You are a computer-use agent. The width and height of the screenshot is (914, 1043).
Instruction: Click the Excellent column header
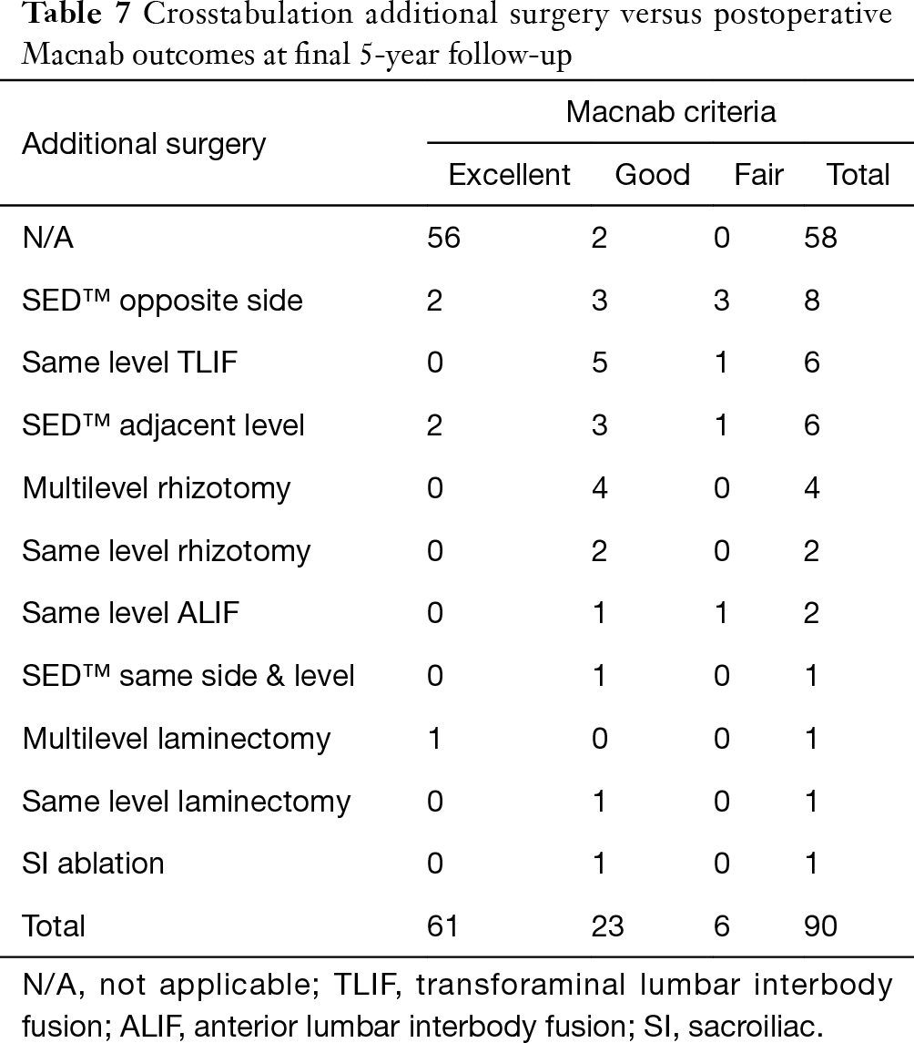tap(509, 175)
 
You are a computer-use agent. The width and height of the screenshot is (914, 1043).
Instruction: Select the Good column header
tap(652, 175)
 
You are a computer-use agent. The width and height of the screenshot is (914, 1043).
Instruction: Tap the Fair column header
tap(758, 175)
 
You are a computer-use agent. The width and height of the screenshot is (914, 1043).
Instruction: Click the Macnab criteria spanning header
tap(671, 112)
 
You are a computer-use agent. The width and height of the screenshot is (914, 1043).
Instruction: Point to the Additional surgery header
tap(144, 144)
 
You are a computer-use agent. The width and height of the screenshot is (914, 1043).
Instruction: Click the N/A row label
tap(48, 238)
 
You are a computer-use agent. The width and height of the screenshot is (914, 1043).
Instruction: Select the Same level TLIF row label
tap(129, 363)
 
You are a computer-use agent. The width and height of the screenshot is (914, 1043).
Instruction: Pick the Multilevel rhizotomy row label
tap(157, 489)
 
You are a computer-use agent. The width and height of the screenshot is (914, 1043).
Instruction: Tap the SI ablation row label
tap(93, 864)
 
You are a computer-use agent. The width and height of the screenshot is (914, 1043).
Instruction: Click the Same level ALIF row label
tap(130, 613)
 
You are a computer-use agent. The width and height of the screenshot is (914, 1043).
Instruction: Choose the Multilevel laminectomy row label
tap(176, 739)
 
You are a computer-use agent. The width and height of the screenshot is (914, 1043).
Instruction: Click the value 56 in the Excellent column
tap(443, 238)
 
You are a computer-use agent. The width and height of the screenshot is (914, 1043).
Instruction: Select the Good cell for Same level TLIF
tap(600, 363)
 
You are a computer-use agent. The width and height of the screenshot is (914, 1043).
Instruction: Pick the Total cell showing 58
tap(820, 238)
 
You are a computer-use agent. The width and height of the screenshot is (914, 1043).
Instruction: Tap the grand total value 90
tap(820, 926)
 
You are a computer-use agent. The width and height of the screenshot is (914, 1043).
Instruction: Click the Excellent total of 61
tap(442, 926)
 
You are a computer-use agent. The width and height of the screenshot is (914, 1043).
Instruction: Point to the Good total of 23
tap(607, 926)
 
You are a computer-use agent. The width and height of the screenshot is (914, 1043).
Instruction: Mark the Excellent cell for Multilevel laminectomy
tap(435, 739)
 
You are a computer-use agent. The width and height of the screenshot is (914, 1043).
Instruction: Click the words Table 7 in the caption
tap(76, 15)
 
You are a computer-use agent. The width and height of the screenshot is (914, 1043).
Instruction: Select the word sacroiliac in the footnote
tap(756, 1026)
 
